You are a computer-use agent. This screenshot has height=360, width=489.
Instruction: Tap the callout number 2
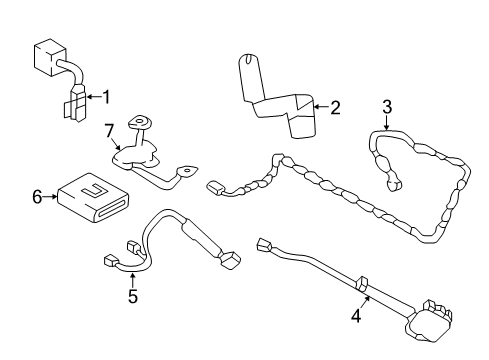[x=335, y=107]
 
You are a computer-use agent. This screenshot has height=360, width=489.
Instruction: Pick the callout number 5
[x=132, y=296]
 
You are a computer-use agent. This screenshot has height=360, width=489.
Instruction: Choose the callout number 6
[x=36, y=198]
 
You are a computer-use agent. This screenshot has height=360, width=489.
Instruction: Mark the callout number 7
[x=112, y=129]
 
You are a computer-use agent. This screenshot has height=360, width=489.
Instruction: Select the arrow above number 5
[x=132, y=279]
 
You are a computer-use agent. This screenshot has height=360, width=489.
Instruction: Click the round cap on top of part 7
[x=142, y=122]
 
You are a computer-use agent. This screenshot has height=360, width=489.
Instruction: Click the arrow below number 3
[x=386, y=123]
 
